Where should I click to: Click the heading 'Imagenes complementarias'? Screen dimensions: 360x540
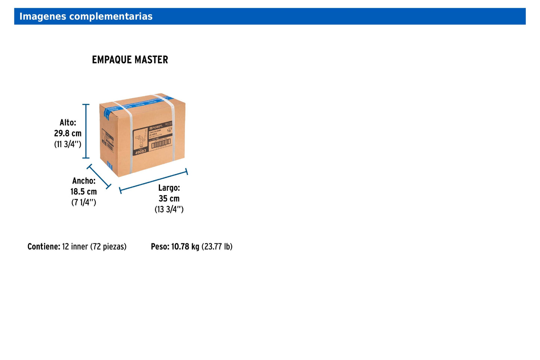(x=86, y=16)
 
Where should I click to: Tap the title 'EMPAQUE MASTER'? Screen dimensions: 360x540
(x=130, y=60)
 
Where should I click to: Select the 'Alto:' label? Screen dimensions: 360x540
(x=68, y=123)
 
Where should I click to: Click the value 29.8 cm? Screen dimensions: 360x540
(x=68, y=133)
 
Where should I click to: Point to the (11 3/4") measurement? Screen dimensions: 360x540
(x=68, y=144)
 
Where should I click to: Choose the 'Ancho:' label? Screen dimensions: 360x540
(x=84, y=181)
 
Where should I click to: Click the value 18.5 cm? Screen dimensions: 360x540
(x=84, y=192)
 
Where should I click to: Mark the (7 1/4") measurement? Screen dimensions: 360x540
(x=84, y=203)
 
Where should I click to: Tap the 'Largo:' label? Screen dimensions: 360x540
(x=169, y=188)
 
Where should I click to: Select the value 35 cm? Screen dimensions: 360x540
(x=169, y=199)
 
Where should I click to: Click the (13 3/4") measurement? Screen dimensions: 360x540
(x=169, y=210)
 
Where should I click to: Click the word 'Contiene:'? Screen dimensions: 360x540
(x=44, y=247)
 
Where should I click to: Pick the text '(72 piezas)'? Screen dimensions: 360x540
(x=108, y=247)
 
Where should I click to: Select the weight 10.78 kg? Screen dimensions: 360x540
(x=185, y=247)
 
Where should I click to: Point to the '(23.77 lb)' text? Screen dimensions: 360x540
(x=217, y=247)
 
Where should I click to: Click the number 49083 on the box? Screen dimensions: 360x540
(x=141, y=151)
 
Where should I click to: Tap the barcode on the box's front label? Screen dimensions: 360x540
(x=161, y=144)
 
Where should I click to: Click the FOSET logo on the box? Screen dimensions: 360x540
(x=156, y=127)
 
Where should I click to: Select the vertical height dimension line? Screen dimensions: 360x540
(x=86, y=131)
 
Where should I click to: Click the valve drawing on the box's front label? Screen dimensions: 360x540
(x=141, y=140)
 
